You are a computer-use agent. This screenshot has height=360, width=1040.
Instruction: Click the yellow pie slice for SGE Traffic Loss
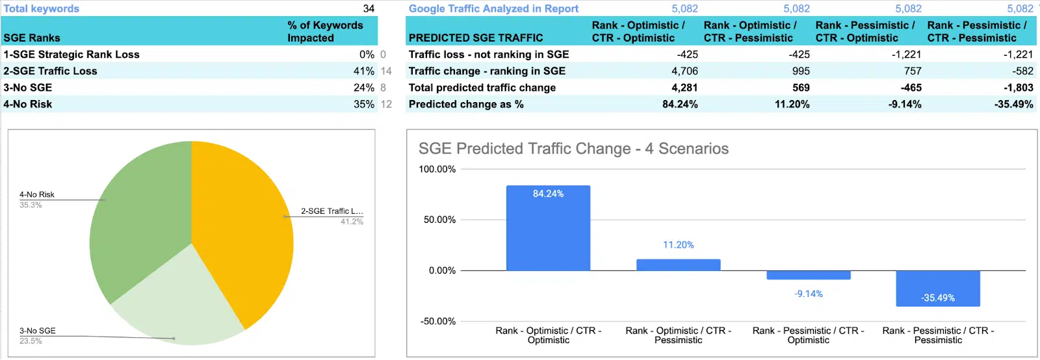244,227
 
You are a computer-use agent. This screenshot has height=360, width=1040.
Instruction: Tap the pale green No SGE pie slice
175,302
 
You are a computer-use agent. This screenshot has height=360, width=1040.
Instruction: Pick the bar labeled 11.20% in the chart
678,264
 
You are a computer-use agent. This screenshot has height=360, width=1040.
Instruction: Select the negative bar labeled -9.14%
808,275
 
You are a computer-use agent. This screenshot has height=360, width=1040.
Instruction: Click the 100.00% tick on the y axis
437,169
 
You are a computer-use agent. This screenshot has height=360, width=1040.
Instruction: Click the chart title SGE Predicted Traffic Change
573,149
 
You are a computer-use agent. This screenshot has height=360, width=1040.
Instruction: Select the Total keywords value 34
369,8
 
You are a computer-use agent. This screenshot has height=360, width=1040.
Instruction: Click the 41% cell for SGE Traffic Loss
363,71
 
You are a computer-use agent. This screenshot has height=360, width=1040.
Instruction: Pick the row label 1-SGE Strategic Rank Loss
71,55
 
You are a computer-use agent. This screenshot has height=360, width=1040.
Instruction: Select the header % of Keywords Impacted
325,31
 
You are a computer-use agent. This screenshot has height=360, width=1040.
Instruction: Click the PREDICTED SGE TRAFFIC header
476,38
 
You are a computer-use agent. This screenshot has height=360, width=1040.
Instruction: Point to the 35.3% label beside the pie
31,205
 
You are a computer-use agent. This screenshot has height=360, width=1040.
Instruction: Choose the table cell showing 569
801,88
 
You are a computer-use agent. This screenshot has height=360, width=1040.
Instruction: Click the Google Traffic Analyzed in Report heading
493,8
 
